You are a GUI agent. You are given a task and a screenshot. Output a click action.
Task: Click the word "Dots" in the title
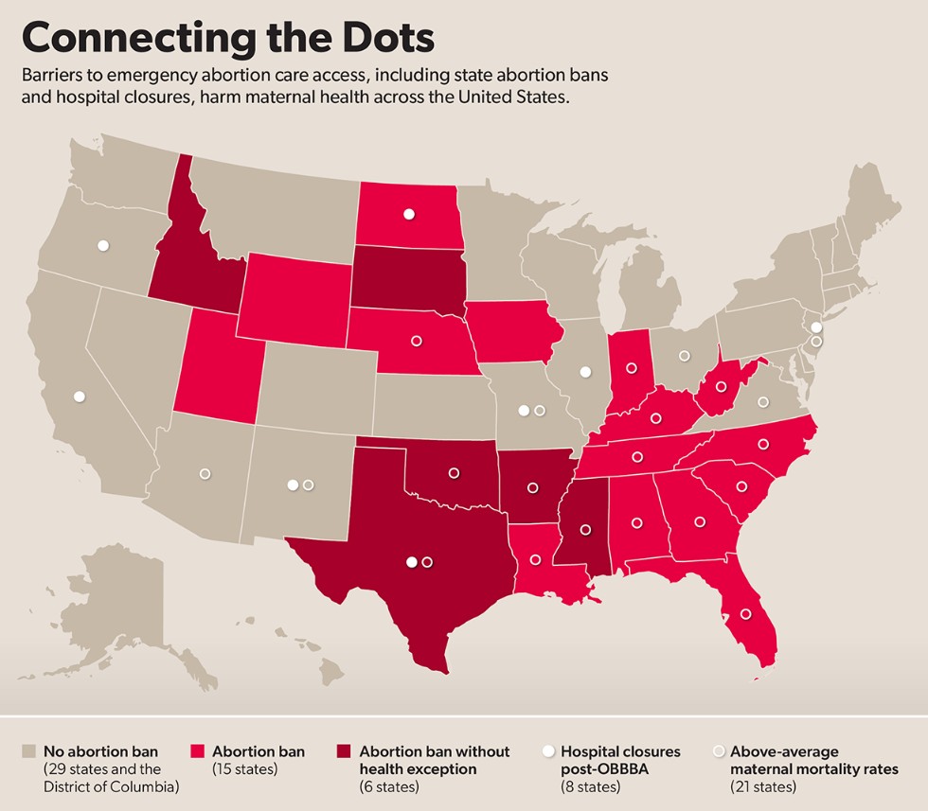pos(369,37)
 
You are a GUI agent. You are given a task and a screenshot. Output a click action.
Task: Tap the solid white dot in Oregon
pos(103,246)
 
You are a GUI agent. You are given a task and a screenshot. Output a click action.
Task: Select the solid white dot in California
pos(80,397)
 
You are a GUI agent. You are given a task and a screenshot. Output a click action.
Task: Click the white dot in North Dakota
pos(409,214)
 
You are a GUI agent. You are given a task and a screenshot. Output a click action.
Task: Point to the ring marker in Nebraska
pos(416,341)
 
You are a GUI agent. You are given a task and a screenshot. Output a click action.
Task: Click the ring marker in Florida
pos(745,614)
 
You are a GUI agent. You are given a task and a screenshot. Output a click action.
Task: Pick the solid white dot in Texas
pos(411,562)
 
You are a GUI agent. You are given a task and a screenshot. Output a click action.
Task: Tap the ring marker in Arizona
pos(205,473)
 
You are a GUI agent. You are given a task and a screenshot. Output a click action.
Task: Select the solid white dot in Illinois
pos(585,372)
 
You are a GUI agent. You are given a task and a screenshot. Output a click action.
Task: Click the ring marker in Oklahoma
pos(453,472)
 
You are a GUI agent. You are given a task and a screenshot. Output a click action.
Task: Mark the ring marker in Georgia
pos(700,520)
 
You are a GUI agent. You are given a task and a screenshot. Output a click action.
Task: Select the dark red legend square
pos(346,751)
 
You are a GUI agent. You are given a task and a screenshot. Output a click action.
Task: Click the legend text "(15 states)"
pos(244,769)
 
